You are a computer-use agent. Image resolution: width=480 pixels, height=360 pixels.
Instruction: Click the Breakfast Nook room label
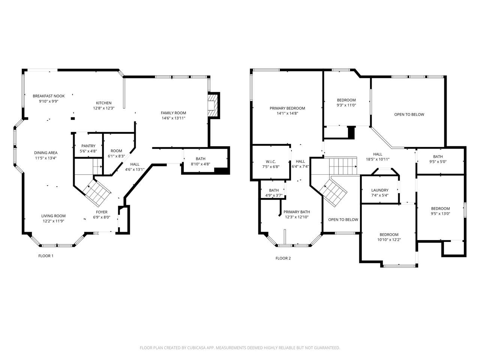click(48, 96)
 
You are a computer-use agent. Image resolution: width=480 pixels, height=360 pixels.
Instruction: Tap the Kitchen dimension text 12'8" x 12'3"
click(104, 108)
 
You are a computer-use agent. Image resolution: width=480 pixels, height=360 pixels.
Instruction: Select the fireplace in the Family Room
click(213, 106)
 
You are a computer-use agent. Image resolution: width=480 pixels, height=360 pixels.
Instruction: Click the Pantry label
click(88, 146)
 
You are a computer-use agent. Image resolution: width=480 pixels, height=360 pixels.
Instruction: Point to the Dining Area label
click(46, 153)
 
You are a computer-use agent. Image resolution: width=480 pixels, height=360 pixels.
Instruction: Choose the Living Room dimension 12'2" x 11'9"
click(53, 221)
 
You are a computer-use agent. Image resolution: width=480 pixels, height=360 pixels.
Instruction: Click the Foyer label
click(102, 212)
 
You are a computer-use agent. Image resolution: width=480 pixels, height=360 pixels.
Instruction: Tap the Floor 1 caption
click(46, 256)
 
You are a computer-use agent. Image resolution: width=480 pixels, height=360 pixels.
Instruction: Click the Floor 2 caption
click(283, 258)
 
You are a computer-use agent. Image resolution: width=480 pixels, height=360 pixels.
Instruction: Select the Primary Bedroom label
click(287, 108)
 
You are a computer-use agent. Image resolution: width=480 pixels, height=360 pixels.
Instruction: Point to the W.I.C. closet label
click(271, 162)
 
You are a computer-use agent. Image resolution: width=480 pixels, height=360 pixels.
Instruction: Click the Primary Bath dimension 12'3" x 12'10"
click(297, 217)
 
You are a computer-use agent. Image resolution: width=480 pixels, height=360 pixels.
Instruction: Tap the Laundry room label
click(380, 190)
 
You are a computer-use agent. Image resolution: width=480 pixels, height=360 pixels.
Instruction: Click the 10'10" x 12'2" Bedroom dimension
click(389, 240)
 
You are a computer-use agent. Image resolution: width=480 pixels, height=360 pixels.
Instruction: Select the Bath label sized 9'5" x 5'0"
click(438, 156)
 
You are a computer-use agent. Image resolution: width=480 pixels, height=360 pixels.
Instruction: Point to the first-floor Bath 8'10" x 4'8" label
click(201, 159)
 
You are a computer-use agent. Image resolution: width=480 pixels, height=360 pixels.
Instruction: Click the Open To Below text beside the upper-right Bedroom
click(409, 114)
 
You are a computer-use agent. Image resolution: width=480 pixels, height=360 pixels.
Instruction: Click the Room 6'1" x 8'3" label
click(116, 151)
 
